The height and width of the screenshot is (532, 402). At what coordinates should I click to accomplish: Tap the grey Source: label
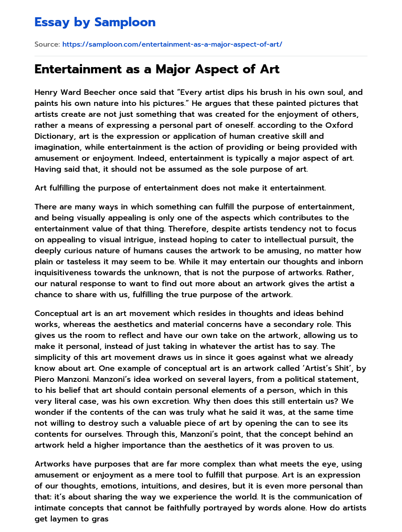point(47,44)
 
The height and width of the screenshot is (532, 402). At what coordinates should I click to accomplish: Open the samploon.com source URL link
point(172,44)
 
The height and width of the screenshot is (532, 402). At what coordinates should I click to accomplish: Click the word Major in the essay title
point(178,69)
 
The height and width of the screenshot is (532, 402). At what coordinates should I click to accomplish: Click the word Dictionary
point(55,136)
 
